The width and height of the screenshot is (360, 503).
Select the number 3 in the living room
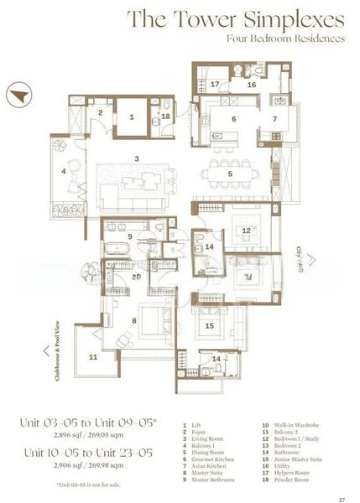click(x=136, y=157)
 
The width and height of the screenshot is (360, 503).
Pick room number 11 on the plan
click(x=93, y=357)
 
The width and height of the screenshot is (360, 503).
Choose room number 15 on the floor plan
click(x=210, y=326)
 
